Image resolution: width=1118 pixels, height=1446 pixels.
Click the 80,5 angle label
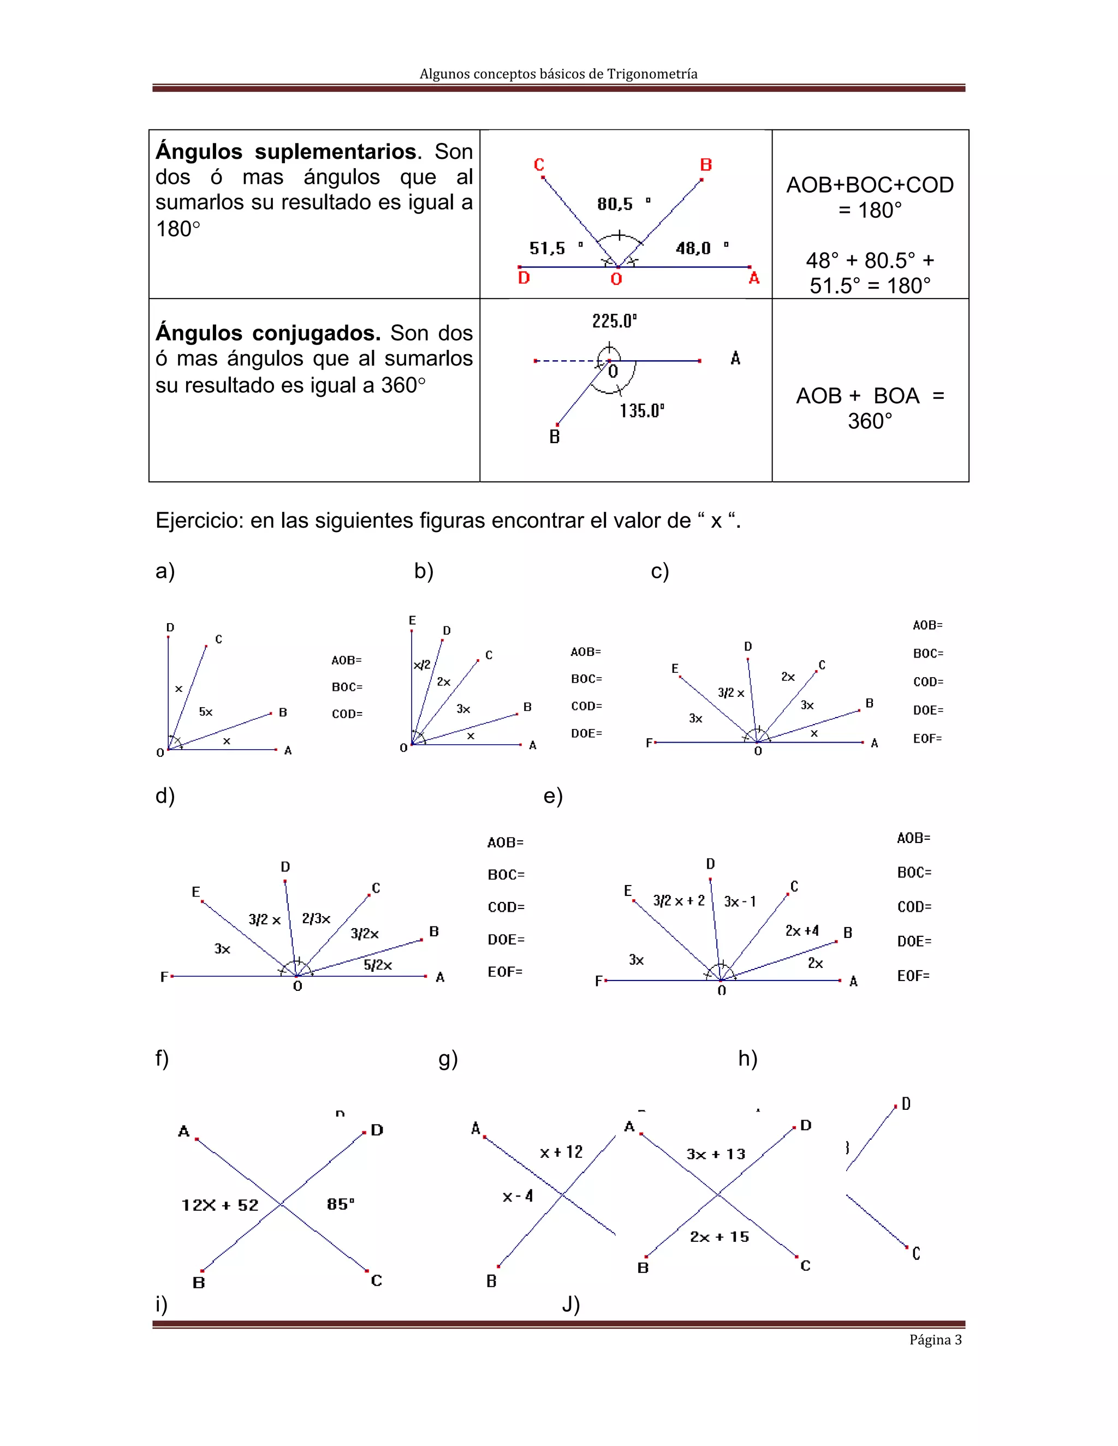pos(616,204)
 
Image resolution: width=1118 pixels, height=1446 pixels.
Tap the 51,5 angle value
pos(548,248)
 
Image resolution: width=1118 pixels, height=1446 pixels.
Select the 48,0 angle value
pos(693,248)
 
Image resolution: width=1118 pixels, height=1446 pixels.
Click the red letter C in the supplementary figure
pos(539,165)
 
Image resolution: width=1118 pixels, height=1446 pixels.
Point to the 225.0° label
pos(614,321)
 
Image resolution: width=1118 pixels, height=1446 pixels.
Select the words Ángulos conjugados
pos(267,332)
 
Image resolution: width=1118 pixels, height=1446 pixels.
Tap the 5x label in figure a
pos(206,712)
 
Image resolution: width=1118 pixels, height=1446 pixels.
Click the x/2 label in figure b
pos(422,665)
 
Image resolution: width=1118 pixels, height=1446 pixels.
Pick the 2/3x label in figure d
pos(316,918)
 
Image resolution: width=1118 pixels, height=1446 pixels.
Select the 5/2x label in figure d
pos(378,965)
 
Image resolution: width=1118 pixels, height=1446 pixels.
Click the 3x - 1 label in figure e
pos(740,901)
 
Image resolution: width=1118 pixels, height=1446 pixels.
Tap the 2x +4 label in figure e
pos(802,931)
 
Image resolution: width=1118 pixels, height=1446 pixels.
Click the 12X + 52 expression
pos(220,1205)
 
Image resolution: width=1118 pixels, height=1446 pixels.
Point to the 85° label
pos(341,1204)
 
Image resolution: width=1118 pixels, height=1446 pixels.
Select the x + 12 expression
pos(561,1152)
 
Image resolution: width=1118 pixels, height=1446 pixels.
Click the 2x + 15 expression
pos(719,1237)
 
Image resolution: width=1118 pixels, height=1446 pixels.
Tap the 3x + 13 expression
pos(716,1154)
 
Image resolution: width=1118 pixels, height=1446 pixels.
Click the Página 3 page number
pos(935,1340)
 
